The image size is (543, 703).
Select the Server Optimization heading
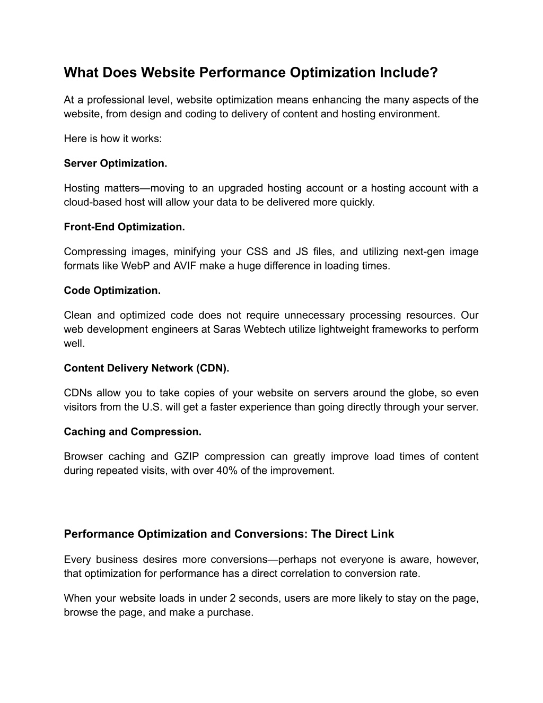pyautogui.click(x=115, y=163)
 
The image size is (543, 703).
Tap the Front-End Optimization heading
pyautogui.click(x=124, y=227)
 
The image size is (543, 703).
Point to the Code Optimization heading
pyautogui.click(x=112, y=291)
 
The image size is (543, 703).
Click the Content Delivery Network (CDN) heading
pyautogui.click(x=146, y=368)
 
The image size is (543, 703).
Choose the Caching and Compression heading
pyautogui.click(x=133, y=432)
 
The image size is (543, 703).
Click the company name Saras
pyautogui.click(x=226, y=329)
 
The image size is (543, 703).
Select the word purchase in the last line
pyautogui.click(x=234, y=612)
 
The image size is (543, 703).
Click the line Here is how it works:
pyautogui.click(x=112, y=138)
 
